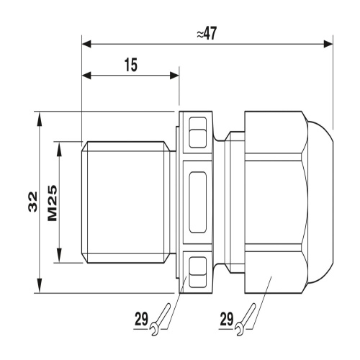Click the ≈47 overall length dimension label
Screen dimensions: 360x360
[x=207, y=33]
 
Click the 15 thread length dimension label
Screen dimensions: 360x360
[x=131, y=65]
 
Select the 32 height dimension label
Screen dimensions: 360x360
[x=33, y=202]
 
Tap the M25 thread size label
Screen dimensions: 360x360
[x=53, y=203]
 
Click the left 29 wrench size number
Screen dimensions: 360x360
[x=141, y=319]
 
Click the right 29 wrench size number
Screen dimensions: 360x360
[x=227, y=319]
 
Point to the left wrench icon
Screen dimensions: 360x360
[x=160, y=319]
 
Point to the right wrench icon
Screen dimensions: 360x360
[x=245, y=319]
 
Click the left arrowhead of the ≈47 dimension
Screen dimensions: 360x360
[x=86, y=44]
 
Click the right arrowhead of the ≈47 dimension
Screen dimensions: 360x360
[x=328, y=44]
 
